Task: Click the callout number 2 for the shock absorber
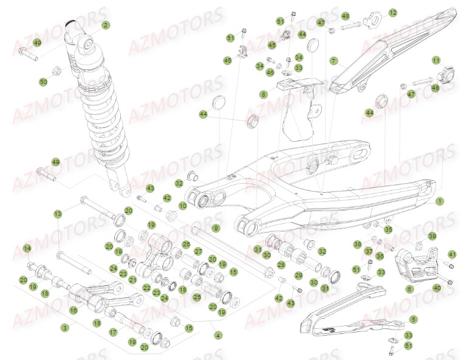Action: pyautogui.click(x=106, y=25)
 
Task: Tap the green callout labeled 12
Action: pyautogui.click(x=392, y=12)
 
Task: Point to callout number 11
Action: pyautogui.click(x=436, y=60)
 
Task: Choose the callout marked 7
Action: pyautogui.click(x=334, y=61)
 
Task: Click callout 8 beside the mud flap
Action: pyautogui.click(x=263, y=94)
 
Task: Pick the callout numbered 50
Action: pyautogui.click(x=43, y=81)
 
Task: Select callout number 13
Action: pyautogui.click(x=58, y=214)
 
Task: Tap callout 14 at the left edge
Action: pyautogui.click(x=27, y=248)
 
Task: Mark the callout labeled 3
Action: pyautogui.click(x=64, y=327)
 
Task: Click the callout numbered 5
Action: pyautogui.click(x=413, y=319)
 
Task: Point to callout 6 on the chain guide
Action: pyautogui.click(x=409, y=290)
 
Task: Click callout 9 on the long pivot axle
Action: pyautogui.click(x=216, y=227)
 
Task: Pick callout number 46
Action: pyautogui.click(x=270, y=72)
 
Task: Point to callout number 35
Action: pyautogui.click(x=388, y=229)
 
